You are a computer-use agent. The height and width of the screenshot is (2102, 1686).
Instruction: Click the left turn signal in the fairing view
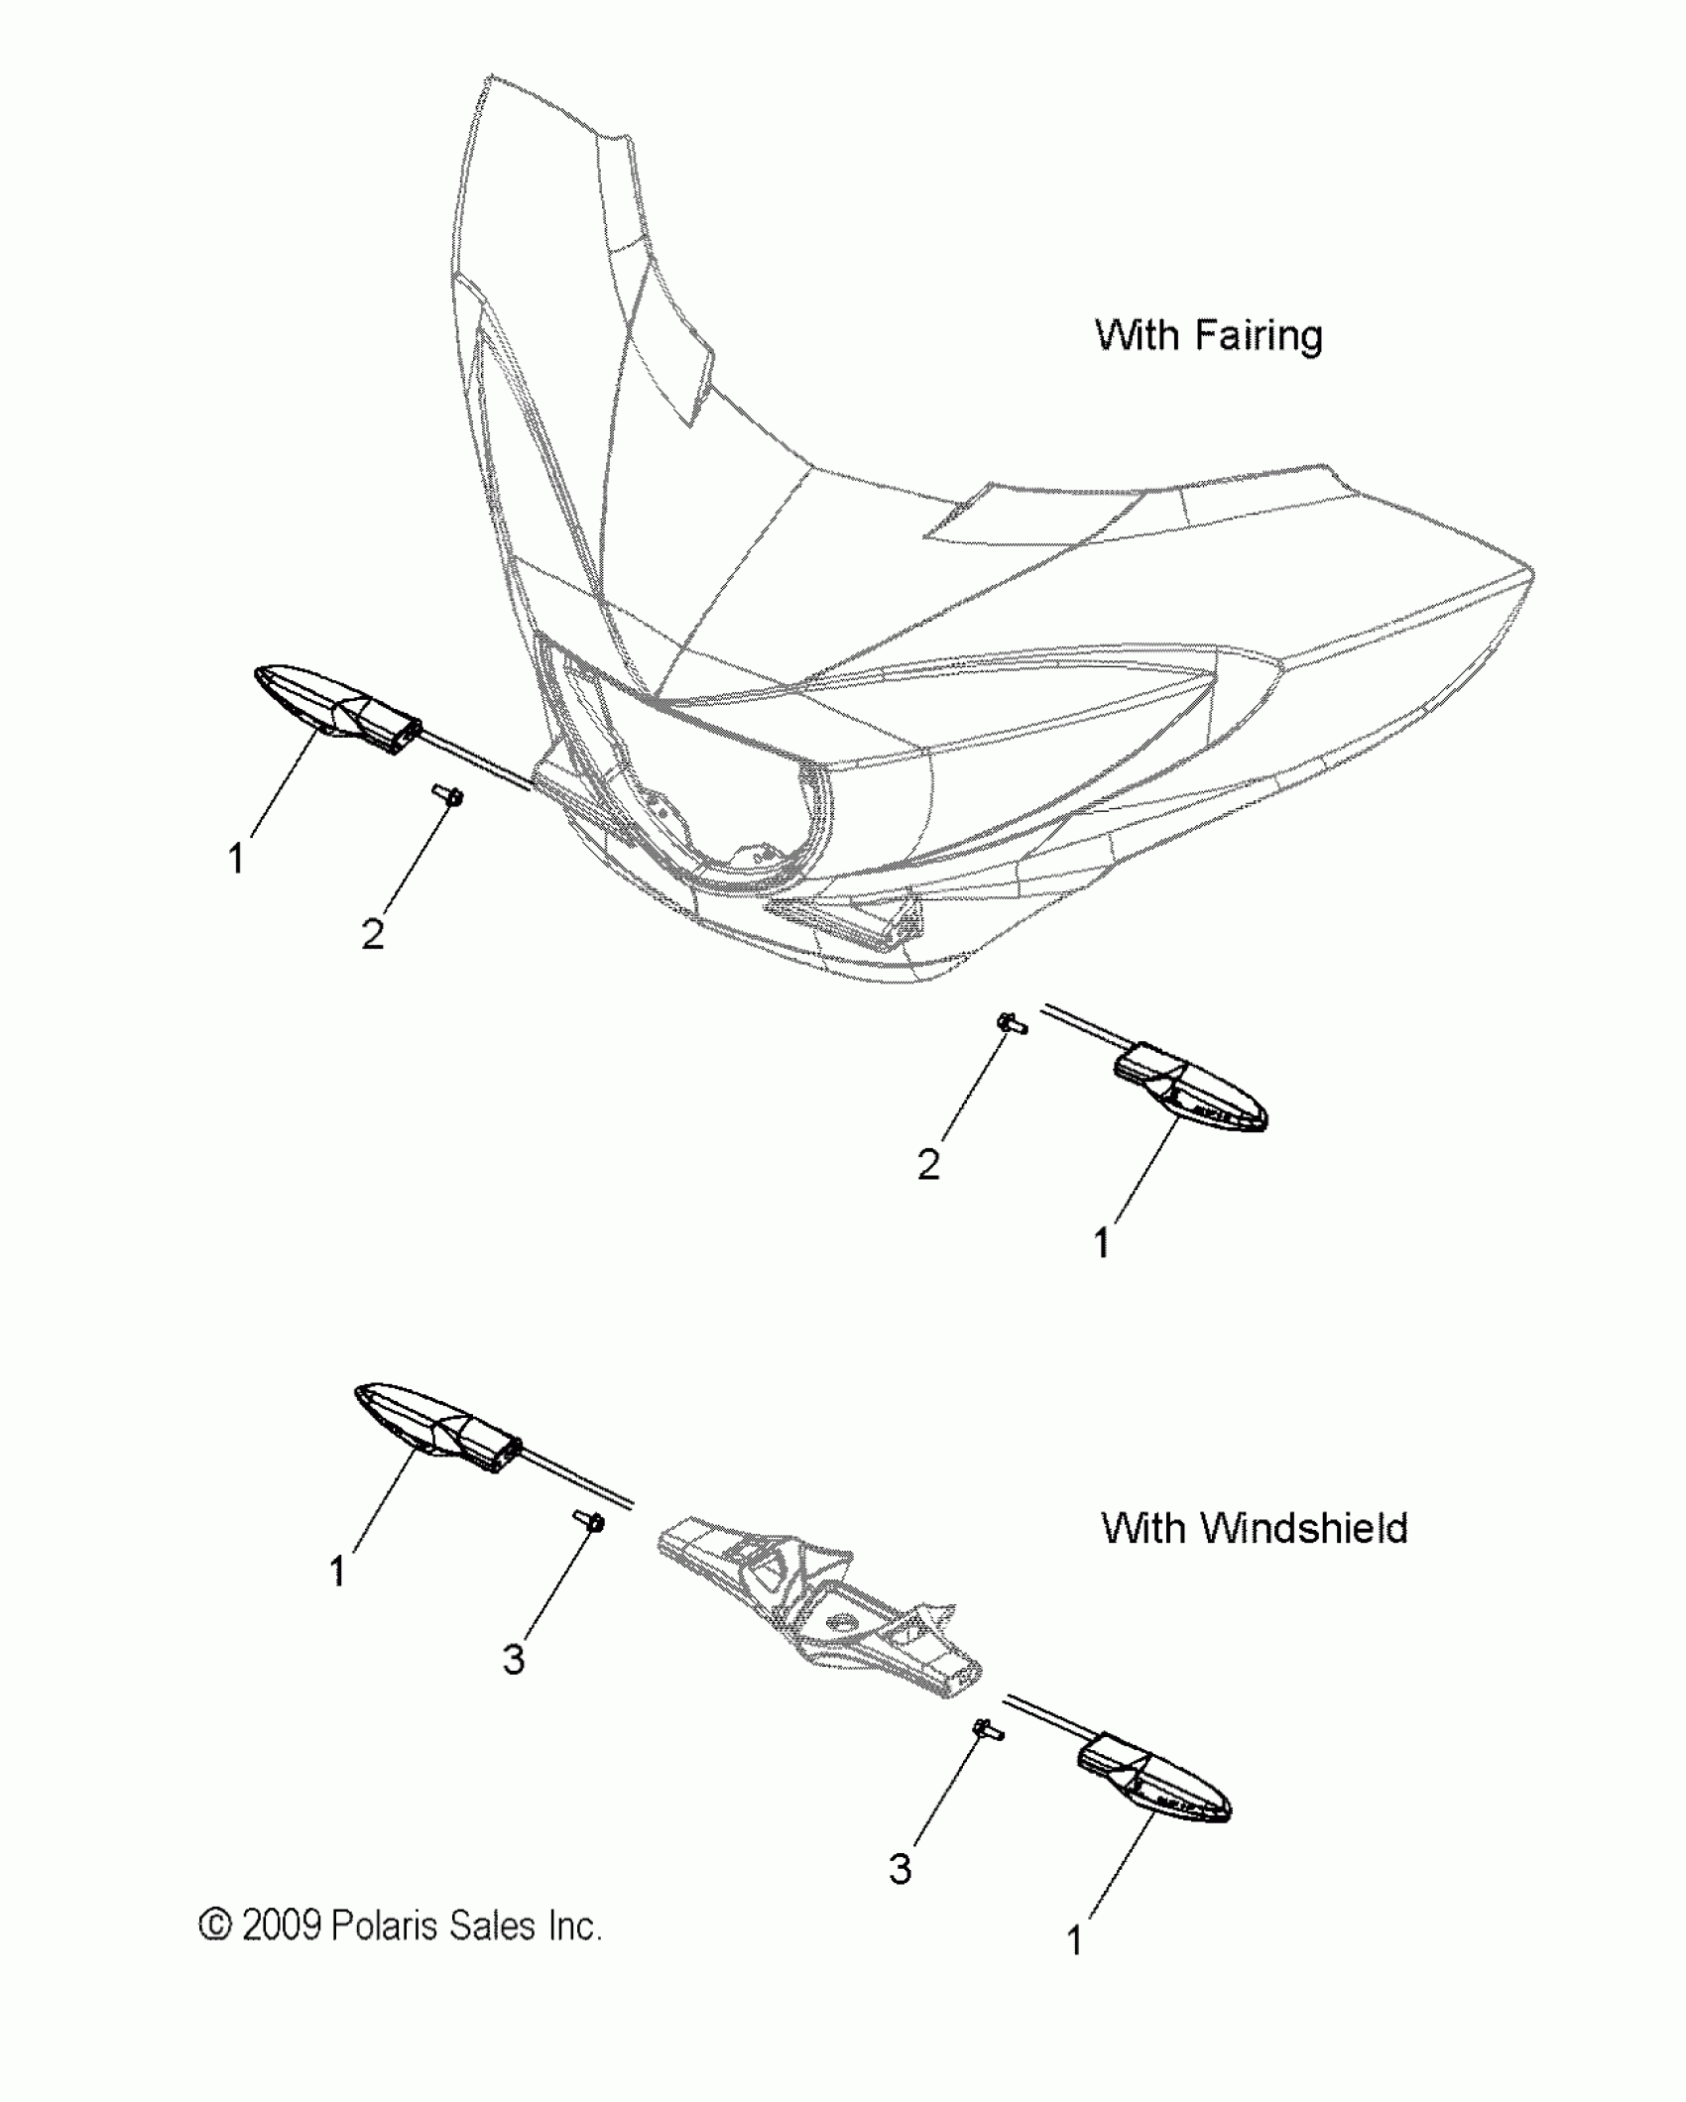pyautogui.click(x=337, y=707)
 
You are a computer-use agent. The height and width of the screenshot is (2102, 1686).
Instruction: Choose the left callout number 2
pyautogui.click(x=372, y=934)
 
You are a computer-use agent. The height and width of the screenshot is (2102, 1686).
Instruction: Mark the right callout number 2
pyautogui.click(x=928, y=1165)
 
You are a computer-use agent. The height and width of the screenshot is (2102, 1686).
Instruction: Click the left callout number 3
pyautogui.click(x=513, y=1659)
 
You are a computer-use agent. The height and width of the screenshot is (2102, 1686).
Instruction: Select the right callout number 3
pyautogui.click(x=900, y=1869)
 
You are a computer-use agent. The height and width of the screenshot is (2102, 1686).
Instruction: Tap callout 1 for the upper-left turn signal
pyautogui.click(x=236, y=859)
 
